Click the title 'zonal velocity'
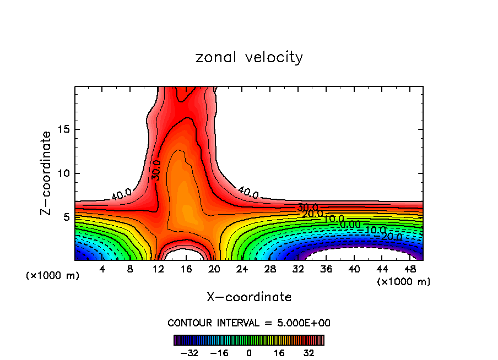click(249, 57)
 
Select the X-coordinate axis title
click(249, 297)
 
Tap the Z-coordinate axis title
click(46, 173)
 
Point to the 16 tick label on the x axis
click(186, 269)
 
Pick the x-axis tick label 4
click(102, 269)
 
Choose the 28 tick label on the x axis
click(270, 269)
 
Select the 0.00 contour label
click(350, 225)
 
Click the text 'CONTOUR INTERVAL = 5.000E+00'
click(249, 323)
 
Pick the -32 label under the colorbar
click(189, 352)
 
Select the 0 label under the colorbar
click(249, 352)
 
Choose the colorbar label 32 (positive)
click(309, 352)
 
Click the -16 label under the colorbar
click(219, 352)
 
